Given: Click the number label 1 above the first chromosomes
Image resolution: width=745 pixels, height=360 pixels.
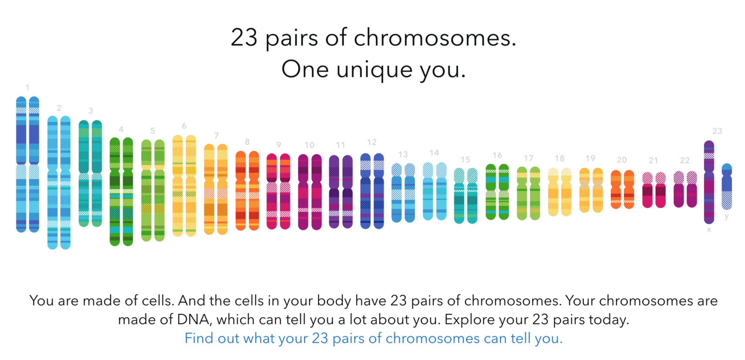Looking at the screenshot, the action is (x=27, y=88).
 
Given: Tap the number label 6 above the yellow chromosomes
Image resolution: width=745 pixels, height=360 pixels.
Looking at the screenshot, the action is (x=184, y=126).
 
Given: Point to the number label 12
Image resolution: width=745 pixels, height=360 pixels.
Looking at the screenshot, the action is (x=372, y=143).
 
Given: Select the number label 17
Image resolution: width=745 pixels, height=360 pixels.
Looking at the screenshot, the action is (x=528, y=158).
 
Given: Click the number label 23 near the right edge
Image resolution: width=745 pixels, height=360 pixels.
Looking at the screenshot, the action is (x=717, y=131).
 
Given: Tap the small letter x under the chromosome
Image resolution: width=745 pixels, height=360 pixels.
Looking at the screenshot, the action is (x=709, y=230).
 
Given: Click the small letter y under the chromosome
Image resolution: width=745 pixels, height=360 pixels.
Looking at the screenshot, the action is (x=727, y=216).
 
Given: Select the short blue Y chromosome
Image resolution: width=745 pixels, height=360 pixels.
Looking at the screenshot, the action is (x=727, y=186).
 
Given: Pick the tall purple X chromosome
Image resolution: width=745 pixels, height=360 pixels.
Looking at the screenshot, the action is (x=709, y=183).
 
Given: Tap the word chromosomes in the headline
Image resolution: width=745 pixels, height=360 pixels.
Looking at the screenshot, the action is (x=435, y=38).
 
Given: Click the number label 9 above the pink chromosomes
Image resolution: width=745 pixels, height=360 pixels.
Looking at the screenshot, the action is (x=278, y=145).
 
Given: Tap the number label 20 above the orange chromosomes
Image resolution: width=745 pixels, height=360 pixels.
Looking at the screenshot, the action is (x=622, y=160).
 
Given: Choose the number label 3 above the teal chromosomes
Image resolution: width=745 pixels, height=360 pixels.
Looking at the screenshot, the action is (x=90, y=110).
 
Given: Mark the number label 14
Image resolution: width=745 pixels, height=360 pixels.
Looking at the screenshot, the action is (x=434, y=153).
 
